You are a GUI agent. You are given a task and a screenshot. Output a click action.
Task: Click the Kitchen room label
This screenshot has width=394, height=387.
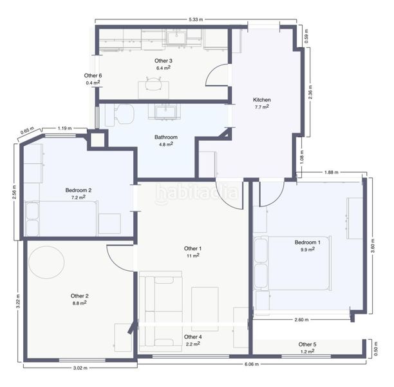(x=261, y=100)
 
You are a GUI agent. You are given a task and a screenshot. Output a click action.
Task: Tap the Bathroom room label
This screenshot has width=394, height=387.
(x=166, y=137)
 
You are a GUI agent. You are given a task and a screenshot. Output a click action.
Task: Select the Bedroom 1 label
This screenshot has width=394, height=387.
(x=307, y=243)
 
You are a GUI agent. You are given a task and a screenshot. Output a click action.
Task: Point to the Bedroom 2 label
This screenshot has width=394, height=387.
(x=79, y=190)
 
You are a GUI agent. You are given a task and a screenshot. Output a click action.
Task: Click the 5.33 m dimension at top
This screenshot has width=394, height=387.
(x=196, y=19)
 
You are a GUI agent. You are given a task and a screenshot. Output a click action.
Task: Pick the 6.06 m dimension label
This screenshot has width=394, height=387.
(x=252, y=364)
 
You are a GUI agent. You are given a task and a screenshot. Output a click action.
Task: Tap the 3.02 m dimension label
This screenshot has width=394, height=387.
(x=80, y=368)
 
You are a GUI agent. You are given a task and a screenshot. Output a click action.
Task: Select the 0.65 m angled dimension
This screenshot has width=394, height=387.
(x=27, y=130)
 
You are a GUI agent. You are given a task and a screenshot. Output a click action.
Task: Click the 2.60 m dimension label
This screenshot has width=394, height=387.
(x=301, y=320)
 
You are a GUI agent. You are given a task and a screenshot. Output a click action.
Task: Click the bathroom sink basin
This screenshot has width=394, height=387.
(x=165, y=112)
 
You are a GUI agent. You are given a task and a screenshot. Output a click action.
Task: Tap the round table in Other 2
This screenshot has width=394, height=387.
(x=46, y=262)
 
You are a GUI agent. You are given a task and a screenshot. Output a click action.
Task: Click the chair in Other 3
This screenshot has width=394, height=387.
(x=153, y=84)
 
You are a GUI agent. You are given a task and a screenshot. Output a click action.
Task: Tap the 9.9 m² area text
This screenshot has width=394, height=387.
(x=308, y=250)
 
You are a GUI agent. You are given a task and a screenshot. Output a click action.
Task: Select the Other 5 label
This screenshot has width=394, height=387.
(x=307, y=344)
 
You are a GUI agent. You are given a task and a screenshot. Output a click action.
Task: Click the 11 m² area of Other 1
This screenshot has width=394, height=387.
(x=192, y=255)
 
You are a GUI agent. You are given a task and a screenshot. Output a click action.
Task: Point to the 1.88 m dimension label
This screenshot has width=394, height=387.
(x=331, y=172)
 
